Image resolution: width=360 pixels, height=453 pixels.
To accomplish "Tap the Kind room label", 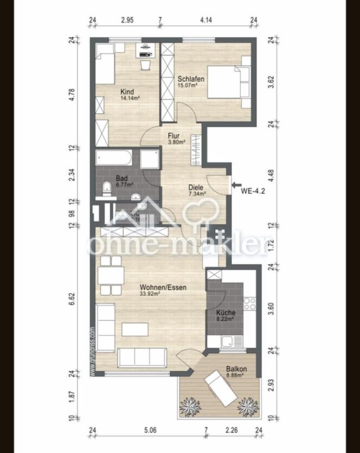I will click(127, 92).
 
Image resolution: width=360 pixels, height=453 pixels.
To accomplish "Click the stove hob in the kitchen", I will click(250, 303).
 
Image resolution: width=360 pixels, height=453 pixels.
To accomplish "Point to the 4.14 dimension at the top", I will click(205, 20).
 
